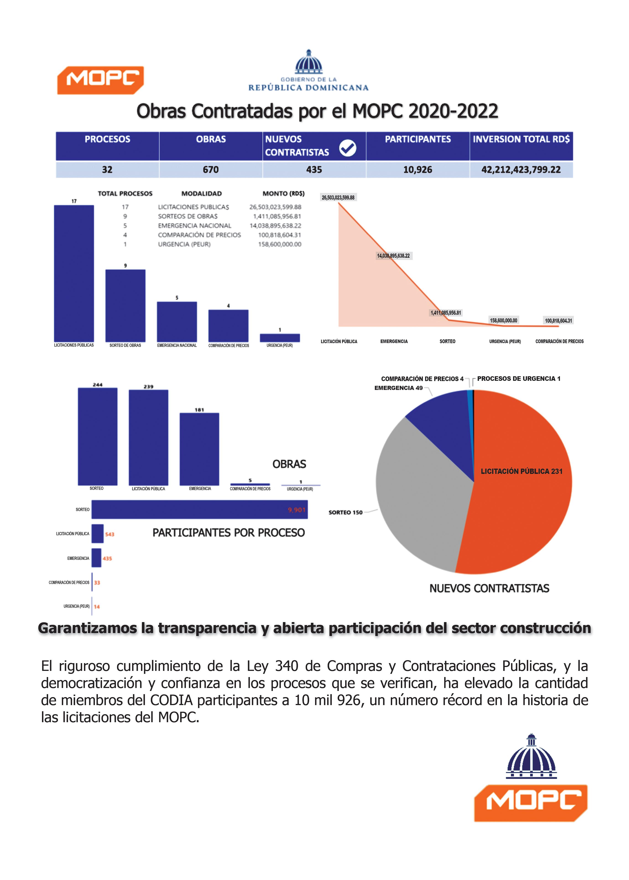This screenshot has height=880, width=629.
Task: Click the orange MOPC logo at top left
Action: (x=100, y=80)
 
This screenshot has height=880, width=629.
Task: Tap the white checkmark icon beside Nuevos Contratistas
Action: (x=347, y=148)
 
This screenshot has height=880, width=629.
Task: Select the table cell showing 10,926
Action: (x=418, y=170)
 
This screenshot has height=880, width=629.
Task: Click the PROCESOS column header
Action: (x=107, y=139)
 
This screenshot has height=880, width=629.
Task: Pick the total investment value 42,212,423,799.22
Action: (x=521, y=170)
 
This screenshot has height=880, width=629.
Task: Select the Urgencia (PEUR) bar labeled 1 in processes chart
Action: (x=280, y=337)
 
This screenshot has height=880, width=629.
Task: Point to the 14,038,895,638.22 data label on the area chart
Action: (x=393, y=256)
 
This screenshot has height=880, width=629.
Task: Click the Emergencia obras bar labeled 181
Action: (x=199, y=449)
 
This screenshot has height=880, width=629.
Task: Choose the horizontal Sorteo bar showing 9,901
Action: (x=199, y=509)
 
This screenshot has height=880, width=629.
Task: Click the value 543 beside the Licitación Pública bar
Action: (x=110, y=534)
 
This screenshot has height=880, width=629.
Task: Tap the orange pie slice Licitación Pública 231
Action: (x=521, y=503)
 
